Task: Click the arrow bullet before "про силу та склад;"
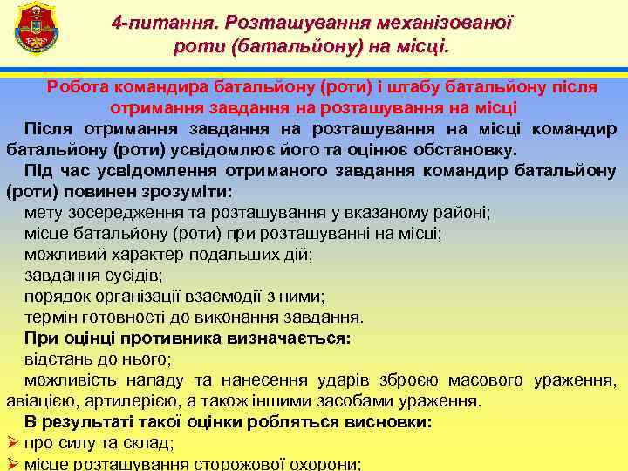(11, 443)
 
